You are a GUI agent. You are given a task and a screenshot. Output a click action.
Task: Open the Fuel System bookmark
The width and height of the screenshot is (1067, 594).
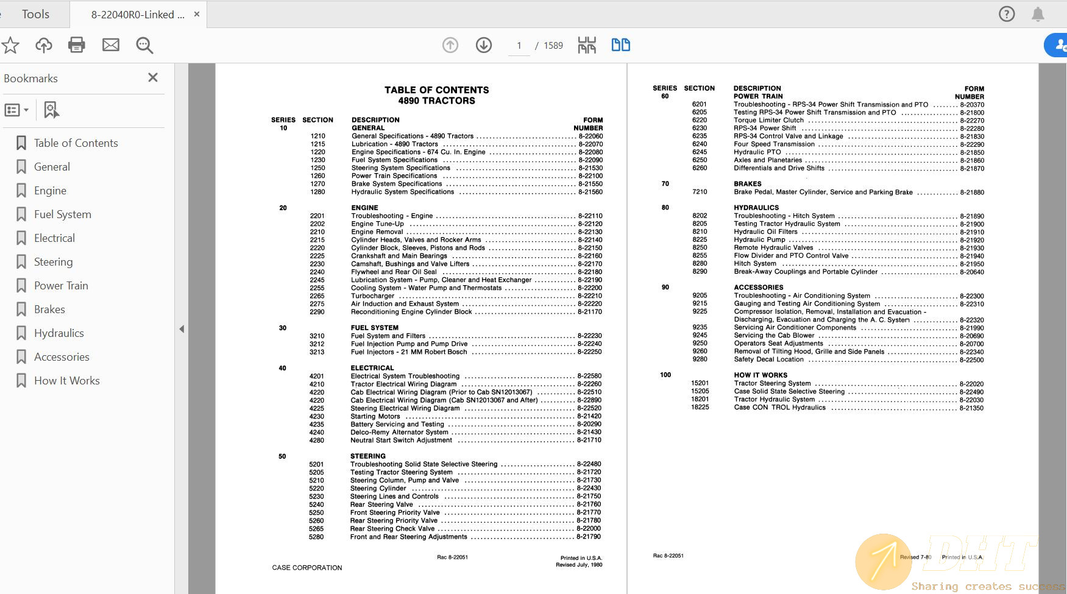(62, 214)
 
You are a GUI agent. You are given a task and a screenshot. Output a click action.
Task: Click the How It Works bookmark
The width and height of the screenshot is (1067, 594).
(66, 381)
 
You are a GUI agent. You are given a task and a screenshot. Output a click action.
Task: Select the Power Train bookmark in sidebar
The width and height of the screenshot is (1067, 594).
(61, 286)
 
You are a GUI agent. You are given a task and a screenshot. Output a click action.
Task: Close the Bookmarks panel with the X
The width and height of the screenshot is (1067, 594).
(153, 77)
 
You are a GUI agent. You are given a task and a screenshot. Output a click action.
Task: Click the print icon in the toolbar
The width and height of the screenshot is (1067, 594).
(77, 45)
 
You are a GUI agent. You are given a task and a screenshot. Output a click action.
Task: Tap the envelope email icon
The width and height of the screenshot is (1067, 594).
(111, 45)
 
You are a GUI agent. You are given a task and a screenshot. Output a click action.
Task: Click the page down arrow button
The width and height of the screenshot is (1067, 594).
(484, 45)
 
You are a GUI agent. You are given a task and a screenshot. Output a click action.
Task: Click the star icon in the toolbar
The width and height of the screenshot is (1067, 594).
(10, 45)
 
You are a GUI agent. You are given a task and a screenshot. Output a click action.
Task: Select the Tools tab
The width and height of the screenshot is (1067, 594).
(35, 14)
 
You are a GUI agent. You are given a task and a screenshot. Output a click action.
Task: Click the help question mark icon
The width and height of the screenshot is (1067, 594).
(1007, 14)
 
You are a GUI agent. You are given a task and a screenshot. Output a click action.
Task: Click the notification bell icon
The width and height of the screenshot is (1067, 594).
(1038, 14)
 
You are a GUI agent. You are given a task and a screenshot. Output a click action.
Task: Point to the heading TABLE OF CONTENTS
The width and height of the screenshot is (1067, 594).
(436, 90)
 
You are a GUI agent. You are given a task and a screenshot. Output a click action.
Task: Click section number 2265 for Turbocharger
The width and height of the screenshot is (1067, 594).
(317, 296)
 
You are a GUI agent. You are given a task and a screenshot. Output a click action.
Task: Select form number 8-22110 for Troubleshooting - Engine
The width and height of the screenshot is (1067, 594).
(590, 216)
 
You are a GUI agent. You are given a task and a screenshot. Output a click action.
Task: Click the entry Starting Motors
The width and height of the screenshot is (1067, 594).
(375, 417)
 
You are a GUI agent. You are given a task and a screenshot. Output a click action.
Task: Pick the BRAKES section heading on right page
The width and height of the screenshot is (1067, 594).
(747, 184)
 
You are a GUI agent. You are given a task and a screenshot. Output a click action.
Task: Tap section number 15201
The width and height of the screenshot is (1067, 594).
(700, 384)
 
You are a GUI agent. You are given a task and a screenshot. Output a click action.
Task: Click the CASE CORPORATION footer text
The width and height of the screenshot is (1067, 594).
(307, 568)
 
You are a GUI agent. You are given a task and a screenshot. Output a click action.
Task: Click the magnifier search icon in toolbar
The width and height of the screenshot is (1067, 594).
(144, 45)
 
